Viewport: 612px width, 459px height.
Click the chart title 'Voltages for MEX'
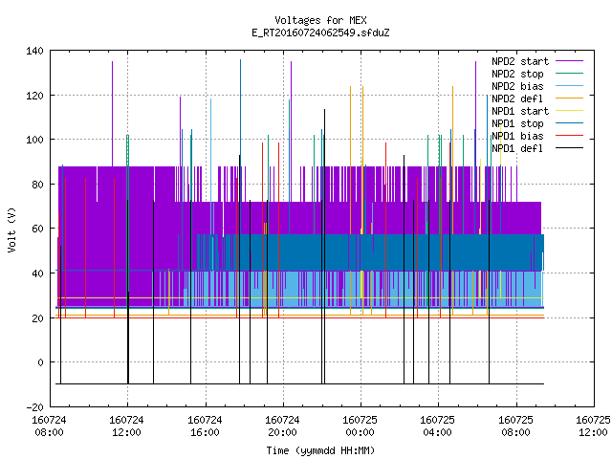tap(320, 20)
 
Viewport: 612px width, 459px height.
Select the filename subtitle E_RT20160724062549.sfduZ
tap(320, 33)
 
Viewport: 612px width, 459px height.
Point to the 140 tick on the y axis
tap(34, 51)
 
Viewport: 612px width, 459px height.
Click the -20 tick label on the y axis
tap(34, 407)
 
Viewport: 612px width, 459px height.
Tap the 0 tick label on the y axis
tap(40, 362)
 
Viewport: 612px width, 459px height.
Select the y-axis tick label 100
tap(34, 140)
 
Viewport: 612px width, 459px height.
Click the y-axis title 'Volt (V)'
tap(12, 229)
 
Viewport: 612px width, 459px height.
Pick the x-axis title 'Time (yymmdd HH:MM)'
tap(320, 450)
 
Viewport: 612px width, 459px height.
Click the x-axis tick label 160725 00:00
tap(360, 426)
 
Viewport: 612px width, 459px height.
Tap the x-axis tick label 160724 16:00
tap(205, 426)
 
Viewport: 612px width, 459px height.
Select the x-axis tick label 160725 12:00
tap(593, 426)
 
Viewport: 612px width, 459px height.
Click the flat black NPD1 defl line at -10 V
tap(299, 384)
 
